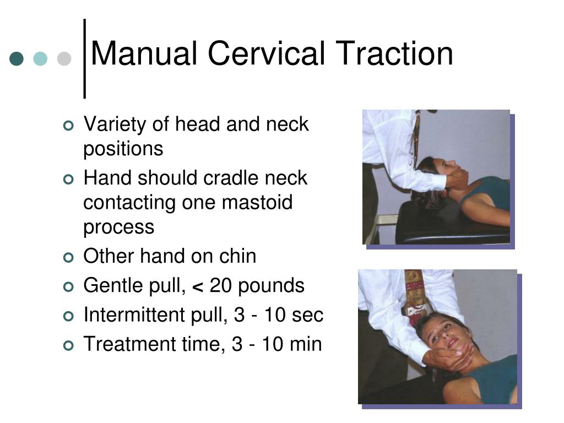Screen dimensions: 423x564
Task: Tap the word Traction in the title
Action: click(394, 54)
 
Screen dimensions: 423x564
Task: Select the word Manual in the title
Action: click(144, 54)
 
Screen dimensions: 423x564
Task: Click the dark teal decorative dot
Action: click(17, 59)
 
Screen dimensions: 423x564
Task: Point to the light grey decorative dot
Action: click(64, 59)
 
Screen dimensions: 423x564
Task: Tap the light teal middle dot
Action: click(41, 59)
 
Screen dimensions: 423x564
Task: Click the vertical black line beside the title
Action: click(85, 58)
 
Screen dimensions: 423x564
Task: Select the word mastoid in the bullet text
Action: click(257, 203)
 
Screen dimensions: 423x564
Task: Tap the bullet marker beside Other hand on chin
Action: click(68, 257)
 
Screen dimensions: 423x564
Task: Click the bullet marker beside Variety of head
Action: click(68, 126)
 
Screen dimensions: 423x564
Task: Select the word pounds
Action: click(272, 286)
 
